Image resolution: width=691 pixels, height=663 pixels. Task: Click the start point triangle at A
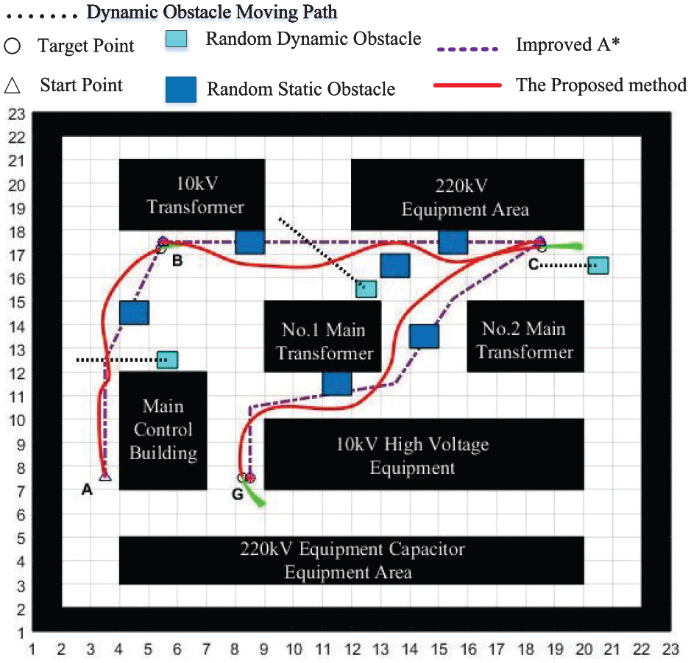click(105, 476)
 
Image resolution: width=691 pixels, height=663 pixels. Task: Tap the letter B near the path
click(177, 260)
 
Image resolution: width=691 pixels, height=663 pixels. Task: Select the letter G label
click(238, 494)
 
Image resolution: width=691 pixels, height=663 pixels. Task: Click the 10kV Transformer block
click(192, 195)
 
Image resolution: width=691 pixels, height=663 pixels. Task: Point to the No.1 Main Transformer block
click(322, 336)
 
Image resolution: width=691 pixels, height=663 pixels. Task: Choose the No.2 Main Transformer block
click(525, 336)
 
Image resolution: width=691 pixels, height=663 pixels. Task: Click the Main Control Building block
click(163, 430)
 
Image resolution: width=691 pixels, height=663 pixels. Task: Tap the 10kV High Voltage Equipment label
click(413, 455)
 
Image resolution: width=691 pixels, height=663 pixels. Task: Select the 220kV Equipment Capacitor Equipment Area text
click(352, 561)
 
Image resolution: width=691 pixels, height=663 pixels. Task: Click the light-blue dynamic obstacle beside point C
click(598, 266)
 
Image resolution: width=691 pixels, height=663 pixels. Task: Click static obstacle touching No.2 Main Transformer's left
click(424, 336)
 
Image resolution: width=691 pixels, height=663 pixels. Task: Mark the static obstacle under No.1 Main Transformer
click(337, 383)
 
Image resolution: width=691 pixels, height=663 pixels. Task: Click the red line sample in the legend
click(467, 85)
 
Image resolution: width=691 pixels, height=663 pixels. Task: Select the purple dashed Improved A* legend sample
click(467, 49)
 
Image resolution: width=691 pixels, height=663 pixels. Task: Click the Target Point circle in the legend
click(13, 46)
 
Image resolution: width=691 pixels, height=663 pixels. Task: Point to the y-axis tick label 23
click(17, 115)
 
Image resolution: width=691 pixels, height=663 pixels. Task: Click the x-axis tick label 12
click(352, 649)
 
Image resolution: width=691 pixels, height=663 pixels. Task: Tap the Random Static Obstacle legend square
click(181, 90)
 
